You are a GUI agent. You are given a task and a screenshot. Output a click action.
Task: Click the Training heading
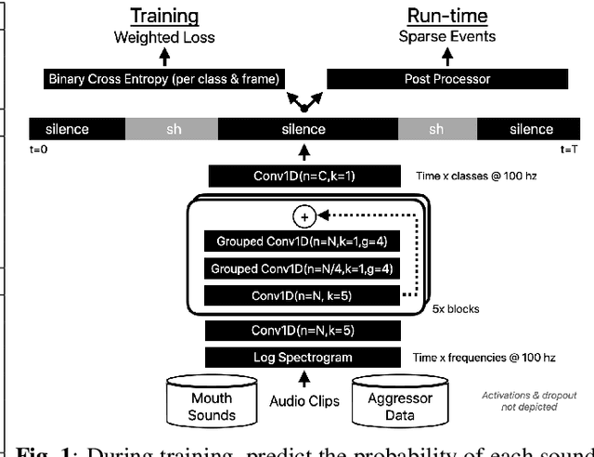click(x=164, y=16)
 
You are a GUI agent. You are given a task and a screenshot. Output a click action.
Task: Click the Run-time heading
click(x=435, y=16)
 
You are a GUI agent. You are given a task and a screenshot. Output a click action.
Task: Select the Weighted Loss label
click(x=164, y=38)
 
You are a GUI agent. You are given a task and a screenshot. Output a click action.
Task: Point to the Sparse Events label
click(x=435, y=38)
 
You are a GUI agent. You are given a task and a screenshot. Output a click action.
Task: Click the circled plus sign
click(x=303, y=216)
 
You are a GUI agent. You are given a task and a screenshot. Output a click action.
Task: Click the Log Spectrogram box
click(x=304, y=357)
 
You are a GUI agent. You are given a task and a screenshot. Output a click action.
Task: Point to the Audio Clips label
click(x=303, y=402)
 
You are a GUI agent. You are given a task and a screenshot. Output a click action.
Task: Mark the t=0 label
click(x=40, y=148)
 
